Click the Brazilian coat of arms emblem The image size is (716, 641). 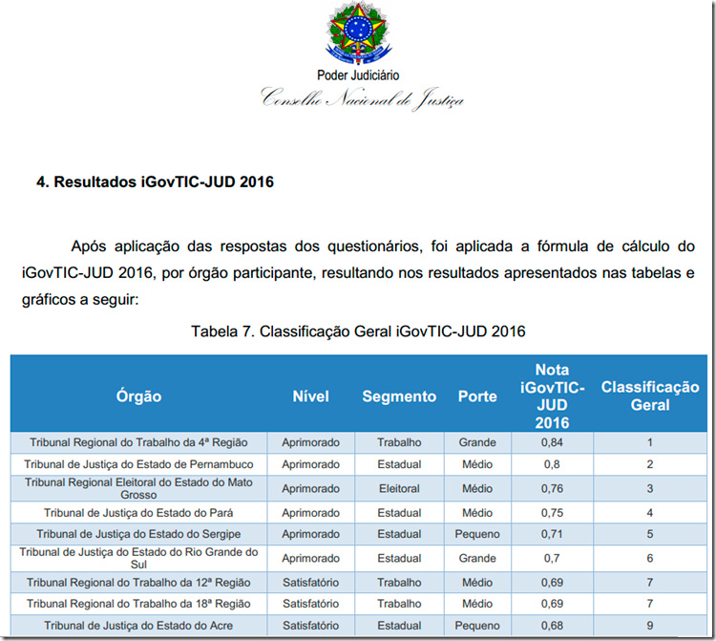coord(357,33)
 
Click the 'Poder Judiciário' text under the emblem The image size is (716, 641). coord(358,75)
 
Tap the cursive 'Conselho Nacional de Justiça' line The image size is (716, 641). coord(363,97)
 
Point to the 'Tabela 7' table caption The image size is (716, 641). coord(358,331)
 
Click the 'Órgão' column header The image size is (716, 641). coord(138,396)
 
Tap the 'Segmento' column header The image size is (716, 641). coord(399,396)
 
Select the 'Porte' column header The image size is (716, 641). coord(477,396)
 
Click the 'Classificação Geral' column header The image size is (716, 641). coord(650,395)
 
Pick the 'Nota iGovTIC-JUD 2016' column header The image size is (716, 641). coord(552,395)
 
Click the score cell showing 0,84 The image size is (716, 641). coord(552,442)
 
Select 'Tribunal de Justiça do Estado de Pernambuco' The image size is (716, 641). coord(138,464)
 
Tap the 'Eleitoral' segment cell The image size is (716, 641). coord(399,488)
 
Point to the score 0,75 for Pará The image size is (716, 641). coord(552,512)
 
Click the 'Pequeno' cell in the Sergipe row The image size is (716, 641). coord(477,534)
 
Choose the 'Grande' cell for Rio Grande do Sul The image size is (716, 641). coord(477,558)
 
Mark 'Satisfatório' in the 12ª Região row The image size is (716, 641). coord(310,582)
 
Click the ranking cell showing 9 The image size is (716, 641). coord(650,626)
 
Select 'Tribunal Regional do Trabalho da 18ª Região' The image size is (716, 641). coord(138,604)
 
